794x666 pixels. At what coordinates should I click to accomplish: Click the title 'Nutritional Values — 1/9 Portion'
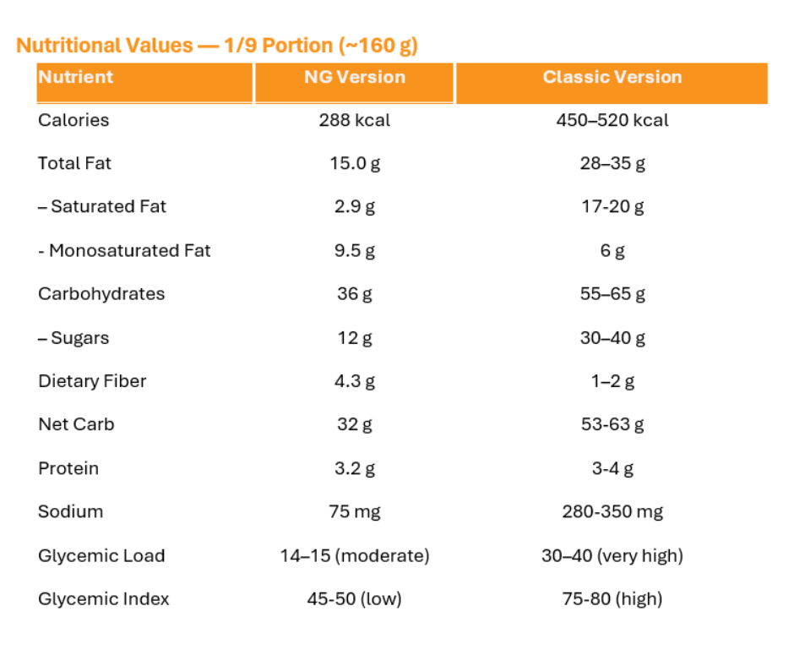[x=217, y=46]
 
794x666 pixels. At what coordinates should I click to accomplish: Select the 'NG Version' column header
[x=355, y=77]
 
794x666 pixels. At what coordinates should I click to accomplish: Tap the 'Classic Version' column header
[x=612, y=77]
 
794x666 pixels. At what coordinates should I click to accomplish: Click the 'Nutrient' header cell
[x=76, y=77]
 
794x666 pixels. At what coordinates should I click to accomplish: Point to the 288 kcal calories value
[x=355, y=120]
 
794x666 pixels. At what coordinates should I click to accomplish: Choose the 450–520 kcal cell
[x=612, y=120]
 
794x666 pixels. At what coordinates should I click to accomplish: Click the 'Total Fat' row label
[x=74, y=163]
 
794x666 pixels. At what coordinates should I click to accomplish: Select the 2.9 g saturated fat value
[x=355, y=207]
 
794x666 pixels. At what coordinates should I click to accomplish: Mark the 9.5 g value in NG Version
[x=355, y=250]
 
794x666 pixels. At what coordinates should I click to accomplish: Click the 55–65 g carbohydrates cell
[x=612, y=294]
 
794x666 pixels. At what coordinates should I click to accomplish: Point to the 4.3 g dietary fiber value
[x=355, y=381]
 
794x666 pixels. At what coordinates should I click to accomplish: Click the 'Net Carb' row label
[x=76, y=424]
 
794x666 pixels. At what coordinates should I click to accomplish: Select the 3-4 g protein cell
[x=612, y=468]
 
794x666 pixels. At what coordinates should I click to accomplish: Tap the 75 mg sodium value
[x=355, y=511]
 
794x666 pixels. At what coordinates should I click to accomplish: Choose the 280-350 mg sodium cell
[x=612, y=511]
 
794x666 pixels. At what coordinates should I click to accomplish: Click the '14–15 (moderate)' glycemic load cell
[x=355, y=555]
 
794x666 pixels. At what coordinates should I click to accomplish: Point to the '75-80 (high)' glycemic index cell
[x=612, y=599]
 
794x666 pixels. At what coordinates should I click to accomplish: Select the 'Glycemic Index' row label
[x=103, y=599]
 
